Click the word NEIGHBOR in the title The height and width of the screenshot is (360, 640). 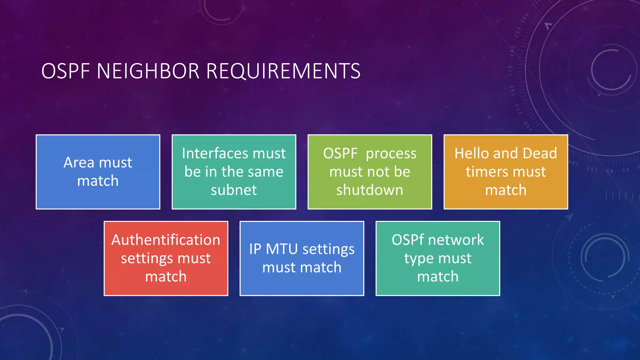(x=148, y=71)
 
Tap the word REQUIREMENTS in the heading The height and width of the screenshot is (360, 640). (x=283, y=71)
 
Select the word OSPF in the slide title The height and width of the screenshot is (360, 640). (x=66, y=71)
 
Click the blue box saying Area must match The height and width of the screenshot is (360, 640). (x=98, y=172)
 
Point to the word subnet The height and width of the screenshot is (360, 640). (x=234, y=190)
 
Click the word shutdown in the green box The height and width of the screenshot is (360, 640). (x=370, y=190)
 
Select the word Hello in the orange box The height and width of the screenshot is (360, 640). (x=472, y=153)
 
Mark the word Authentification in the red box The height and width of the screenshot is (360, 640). (x=166, y=240)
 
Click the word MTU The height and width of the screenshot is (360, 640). (x=282, y=249)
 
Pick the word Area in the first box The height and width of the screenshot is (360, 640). (x=79, y=162)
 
